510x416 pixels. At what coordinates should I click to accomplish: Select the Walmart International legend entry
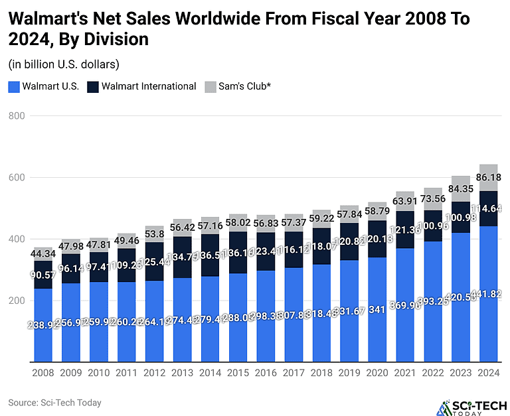click(142, 86)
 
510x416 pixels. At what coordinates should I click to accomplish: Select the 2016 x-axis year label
click(266, 373)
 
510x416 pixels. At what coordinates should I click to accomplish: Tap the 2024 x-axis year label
click(489, 373)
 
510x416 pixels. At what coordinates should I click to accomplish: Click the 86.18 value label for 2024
click(489, 178)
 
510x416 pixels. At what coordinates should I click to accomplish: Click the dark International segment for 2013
click(183, 257)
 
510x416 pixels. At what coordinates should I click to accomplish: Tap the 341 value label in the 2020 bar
click(377, 325)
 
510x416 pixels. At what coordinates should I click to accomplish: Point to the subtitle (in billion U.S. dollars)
click(64, 64)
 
